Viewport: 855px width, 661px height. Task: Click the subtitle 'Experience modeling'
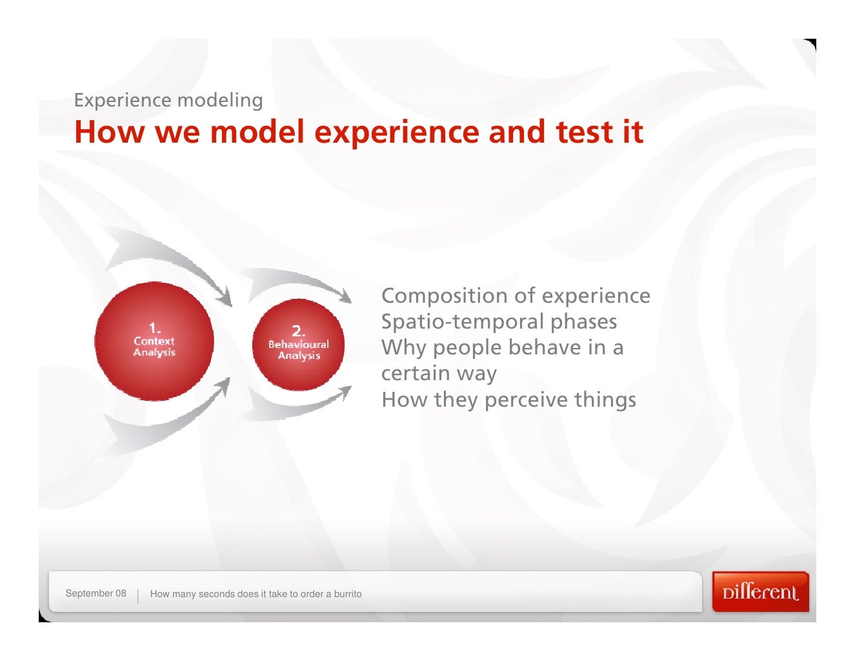(x=168, y=100)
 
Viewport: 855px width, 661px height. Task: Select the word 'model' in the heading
(x=257, y=132)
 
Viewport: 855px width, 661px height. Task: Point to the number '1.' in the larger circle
(x=154, y=327)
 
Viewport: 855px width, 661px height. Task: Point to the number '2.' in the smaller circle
(x=298, y=331)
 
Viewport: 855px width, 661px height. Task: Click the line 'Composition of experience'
(x=516, y=296)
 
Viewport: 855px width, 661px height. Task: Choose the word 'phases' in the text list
(x=583, y=321)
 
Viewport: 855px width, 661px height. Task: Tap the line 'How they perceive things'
(x=508, y=400)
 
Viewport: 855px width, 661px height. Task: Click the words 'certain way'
(x=439, y=374)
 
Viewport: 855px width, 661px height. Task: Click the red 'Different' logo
(x=760, y=592)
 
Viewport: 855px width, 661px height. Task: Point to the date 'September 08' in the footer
(x=96, y=593)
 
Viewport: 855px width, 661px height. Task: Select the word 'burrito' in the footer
(x=347, y=594)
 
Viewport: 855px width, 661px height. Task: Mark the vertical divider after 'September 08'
(x=138, y=595)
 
